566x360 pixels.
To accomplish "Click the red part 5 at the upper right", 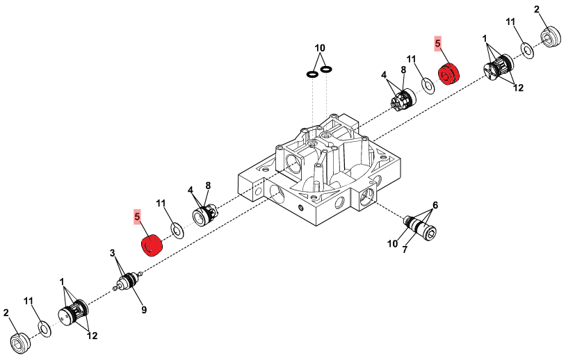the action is tap(449, 74).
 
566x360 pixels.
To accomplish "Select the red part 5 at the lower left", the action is tap(152, 245).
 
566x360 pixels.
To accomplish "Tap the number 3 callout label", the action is tap(113, 253).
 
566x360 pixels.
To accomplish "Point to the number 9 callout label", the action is tap(144, 309).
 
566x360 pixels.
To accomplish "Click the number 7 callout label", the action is tap(405, 249).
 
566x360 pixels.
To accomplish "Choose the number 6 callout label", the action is tap(435, 205).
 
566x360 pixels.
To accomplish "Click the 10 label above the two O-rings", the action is tap(320, 48).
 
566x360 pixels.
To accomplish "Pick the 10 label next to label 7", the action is tap(392, 244).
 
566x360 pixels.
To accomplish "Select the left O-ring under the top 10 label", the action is tap(312, 74).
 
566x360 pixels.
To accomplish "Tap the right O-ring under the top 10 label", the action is tap(326, 69).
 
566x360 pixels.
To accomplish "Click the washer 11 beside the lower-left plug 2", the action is tap(45, 328).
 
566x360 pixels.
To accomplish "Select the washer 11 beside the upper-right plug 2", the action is tap(527, 51).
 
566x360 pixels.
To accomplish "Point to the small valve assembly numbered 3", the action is tap(129, 281).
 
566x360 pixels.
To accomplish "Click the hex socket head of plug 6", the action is tap(430, 234).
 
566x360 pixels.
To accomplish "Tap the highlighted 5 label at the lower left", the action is tap(137, 217).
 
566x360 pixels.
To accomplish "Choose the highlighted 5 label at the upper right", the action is tap(438, 44).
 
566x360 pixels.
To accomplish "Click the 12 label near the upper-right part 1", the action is tap(518, 88).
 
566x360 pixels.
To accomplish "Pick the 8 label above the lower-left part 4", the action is tap(208, 186).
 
